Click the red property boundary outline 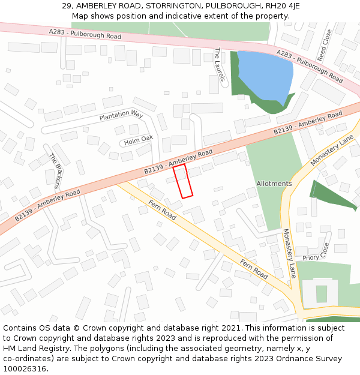pos(183,181)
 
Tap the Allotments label pos(274,184)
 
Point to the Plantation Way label pos(121,114)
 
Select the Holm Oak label pos(139,140)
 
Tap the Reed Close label pos(324,46)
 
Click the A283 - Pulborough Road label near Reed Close pos(310,67)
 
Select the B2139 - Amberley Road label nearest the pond pos(307,123)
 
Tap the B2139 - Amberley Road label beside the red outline pos(178,162)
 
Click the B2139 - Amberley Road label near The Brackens pos(47,206)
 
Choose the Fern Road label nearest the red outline pos(162,209)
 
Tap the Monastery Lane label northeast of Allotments pos(332,151)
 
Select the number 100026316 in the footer pos(26,368)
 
